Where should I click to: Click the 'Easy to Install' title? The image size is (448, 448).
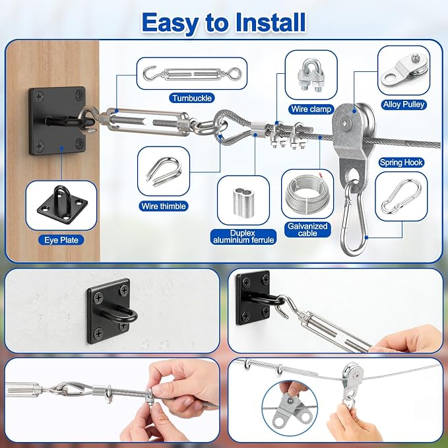[224, 22]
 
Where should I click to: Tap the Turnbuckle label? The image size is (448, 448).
[192, 98]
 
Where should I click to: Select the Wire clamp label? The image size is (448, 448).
[311, 109]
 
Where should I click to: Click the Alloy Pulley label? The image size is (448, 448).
[403, 104]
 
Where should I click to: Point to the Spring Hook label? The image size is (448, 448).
[401, 162]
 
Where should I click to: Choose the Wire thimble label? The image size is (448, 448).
[164, 206]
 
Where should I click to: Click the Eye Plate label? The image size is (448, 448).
[61, 240]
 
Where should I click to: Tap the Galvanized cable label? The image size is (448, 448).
[307, 230]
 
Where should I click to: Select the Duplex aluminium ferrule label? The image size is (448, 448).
[243, 237]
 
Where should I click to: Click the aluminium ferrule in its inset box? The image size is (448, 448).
[243, 201]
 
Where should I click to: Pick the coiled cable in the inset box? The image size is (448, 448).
[307, 194]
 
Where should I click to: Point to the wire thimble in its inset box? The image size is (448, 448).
[164, 172]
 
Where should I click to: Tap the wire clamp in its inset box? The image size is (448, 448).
[311, 75]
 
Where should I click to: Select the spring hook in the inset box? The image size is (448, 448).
[401, 196]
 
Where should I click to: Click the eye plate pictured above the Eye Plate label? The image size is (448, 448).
[62, 205]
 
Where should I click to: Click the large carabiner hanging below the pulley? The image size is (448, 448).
[354, 220]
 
